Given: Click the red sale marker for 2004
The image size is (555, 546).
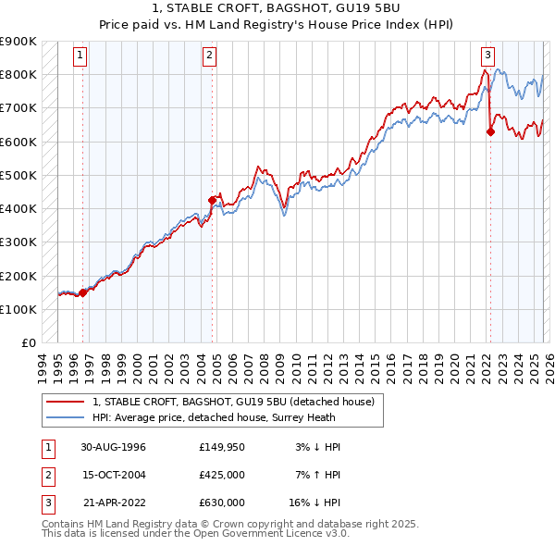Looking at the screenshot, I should pyautogui.click(x=213, y=200).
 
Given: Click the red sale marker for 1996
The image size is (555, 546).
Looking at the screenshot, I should pyautogui.click(x=83, y=292).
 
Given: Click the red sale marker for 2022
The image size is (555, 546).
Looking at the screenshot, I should pyautogui.click(x=490, y=131).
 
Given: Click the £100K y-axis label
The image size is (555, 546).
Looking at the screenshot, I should pyautogui.click(x=18, y=309).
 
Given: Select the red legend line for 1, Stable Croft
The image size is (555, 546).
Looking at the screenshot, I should pyautogui.click(x=65, y=402).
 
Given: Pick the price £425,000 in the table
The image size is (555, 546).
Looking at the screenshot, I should pyautogui.click(x=222, y=475).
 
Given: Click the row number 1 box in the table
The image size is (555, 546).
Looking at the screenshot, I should pyautogui.click(x=46, y=447).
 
